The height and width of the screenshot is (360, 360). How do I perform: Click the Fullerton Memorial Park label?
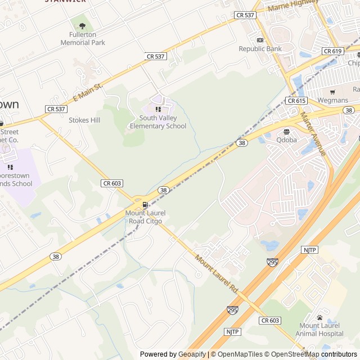click(x=83, y=38)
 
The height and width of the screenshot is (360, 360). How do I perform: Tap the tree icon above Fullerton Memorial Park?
click(x=83, y=25)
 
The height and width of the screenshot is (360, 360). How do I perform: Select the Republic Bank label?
click(x=260, y=49)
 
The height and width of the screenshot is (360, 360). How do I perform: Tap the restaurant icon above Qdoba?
click(x=286, y=132)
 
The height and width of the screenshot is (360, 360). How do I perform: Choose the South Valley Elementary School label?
click(x=158, y=122)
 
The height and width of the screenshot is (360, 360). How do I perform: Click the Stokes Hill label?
click(x=84, y=120)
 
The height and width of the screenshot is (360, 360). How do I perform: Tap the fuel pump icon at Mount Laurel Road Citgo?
click(x=145, y=205)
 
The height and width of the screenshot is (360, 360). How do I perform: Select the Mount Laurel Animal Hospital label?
click(x=320, y=330)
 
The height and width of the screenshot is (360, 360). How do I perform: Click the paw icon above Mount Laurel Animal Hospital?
click(x=320, y=317)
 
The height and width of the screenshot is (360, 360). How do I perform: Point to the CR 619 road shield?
click(x=332, y=51)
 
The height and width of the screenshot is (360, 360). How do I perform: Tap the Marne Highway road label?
click(x=293, y=5)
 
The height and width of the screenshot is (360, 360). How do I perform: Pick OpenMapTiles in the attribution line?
click(x=240, y=354)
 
